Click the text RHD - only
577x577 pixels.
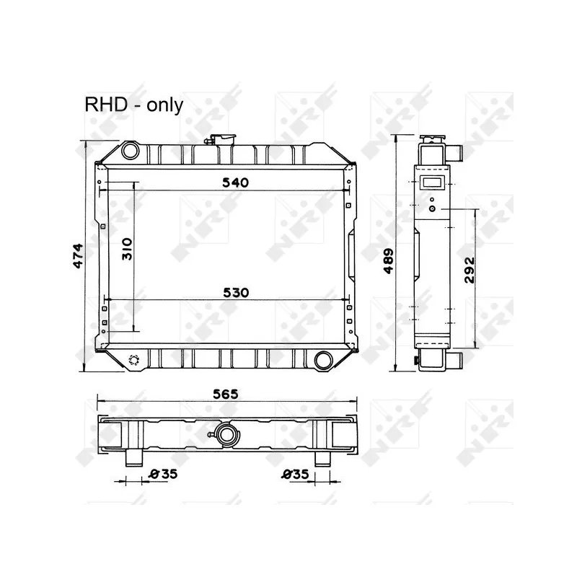click(x=134, y=105)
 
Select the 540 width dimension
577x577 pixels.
click(x=235, y=182)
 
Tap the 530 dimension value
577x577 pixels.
click(x=235, y=292)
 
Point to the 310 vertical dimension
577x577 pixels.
click(x=127, y=249)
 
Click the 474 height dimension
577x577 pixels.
click(x=79, y=256)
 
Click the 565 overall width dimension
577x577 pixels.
click(x=226, y=394)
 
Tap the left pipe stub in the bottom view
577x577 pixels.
click(x=133, y=457)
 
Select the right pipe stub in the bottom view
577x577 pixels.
click(x=322, y=457)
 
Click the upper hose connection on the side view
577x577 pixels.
click(x=456, y=152)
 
